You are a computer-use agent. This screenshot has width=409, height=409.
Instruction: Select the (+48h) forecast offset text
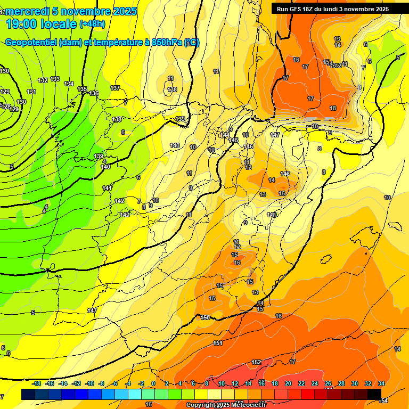click(x=92, y=23)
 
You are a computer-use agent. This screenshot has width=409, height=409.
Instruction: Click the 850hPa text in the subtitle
click(x=165, y=43)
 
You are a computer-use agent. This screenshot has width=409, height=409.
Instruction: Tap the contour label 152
click(x=256, y=363)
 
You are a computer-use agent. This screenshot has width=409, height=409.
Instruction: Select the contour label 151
click(x=217, y=343)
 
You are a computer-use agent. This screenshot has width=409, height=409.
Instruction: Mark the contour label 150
click(x=205, y=317)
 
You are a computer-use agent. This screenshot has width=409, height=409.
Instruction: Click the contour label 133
click(x=55, y=79)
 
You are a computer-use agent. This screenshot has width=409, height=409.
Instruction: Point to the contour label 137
click(x=115, y=88)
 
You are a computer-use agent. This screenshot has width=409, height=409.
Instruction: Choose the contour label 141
click(x=108, y=188)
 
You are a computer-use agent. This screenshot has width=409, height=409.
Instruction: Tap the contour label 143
click(x=125, y=215)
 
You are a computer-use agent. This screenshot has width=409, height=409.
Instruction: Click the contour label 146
click(x=248, y=146)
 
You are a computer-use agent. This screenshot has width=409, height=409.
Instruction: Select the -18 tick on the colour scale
click(x=37, y=383)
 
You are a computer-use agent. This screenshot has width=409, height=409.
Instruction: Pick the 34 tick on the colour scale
click(x=381, y=383)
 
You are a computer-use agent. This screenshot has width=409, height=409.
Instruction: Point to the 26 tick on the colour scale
click(x=328, y=383)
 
